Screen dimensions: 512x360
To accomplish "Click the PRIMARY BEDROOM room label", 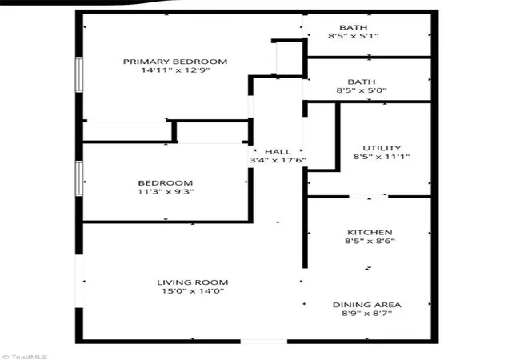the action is [175, 62].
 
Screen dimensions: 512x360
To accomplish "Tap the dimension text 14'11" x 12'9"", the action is [175, 70].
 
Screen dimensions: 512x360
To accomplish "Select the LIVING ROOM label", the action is [193, 282].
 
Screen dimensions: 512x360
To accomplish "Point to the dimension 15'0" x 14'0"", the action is [193, 291].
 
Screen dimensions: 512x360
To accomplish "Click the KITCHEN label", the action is [370, 233].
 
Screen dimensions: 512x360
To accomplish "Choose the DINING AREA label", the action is [366, 305].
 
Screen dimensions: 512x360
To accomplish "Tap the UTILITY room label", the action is [382, 148].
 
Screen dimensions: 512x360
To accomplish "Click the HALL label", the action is [278, 152].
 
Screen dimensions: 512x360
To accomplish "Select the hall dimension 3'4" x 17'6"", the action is [278, 160].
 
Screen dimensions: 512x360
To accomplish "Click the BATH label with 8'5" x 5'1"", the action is [354, 27].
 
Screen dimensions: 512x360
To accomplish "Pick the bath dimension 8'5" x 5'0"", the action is [362, 90].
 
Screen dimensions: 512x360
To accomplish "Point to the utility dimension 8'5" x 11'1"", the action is [382, 157].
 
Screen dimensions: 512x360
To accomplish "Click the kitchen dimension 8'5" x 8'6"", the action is [370, 241].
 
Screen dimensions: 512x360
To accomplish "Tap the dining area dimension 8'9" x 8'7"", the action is [366, 314].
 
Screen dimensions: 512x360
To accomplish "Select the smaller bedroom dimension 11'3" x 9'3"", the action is [166, 191].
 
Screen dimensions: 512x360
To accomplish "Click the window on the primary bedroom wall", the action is [79, 74].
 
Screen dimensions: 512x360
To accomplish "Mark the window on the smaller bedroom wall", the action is [79, 178].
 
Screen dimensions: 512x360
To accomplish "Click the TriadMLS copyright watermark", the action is [25, 357].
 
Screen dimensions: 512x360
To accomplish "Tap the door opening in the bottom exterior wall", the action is [264, 342].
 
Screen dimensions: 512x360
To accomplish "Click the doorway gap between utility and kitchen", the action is [369, 197].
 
